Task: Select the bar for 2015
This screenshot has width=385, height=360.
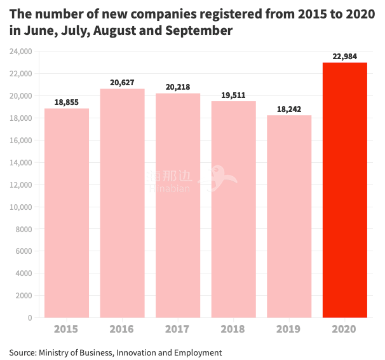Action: click(x=66, y=212)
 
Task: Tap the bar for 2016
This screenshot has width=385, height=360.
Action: click(x=122, y=203)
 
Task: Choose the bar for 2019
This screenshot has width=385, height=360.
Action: click(x=289, y=216)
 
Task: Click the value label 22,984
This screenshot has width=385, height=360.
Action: click(x=345, y=57)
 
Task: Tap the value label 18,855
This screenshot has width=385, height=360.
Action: click(x=66, y=102)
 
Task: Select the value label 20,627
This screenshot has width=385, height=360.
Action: click(x=122, y=83)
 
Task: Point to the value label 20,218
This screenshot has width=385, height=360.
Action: click(x=178, y=87)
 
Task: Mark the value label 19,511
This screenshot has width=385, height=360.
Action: click(x=233, y=95)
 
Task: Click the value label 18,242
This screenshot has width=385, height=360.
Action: click(x=289, y=109)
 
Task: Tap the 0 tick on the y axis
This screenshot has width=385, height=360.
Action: click(x=29, y=317)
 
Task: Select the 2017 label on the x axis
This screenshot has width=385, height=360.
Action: click(x=178, y=329)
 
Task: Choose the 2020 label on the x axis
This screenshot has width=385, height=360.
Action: click(x=345, y=329)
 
